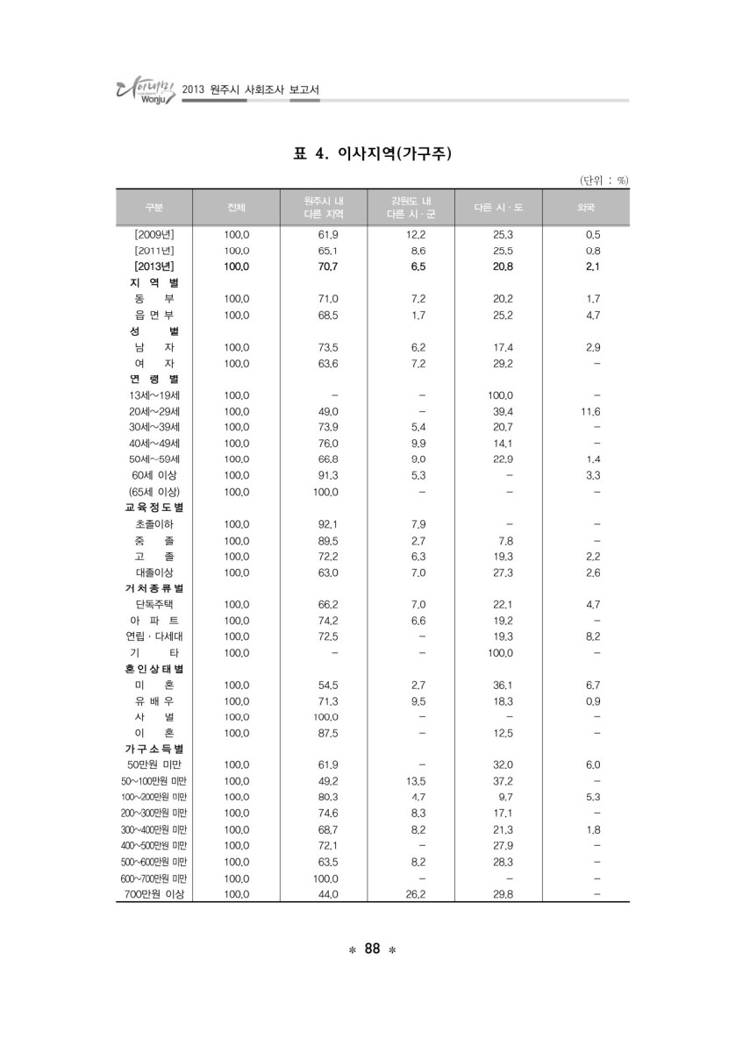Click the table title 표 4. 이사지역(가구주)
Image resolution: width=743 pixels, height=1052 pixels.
(x=371, y=155)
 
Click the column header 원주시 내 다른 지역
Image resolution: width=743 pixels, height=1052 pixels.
(x=324, y=208)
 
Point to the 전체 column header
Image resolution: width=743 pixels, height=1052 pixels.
(x=237, y=208)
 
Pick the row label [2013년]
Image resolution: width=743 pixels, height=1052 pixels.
(x=154, y=266)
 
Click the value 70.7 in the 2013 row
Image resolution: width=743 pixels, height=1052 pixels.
(x=327, y=266)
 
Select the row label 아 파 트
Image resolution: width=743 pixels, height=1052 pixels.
(x=154, y=620)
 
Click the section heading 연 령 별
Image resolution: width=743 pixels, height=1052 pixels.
(x=154, y=379)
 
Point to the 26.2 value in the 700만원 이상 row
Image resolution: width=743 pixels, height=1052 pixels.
(x=414, y=893)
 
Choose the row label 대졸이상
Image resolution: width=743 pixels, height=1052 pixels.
(x=154, y=572)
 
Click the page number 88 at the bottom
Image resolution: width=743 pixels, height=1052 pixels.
(x=371, y=949)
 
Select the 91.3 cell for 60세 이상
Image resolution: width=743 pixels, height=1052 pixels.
(x=327, y=475)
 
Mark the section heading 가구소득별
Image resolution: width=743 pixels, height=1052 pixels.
(x=154, y=749)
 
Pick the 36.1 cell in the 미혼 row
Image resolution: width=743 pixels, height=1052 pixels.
(x=503, y=684)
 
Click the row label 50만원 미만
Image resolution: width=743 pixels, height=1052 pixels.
(x=154, y=764)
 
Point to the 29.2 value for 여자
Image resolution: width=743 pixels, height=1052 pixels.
(x=503, y=363)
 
